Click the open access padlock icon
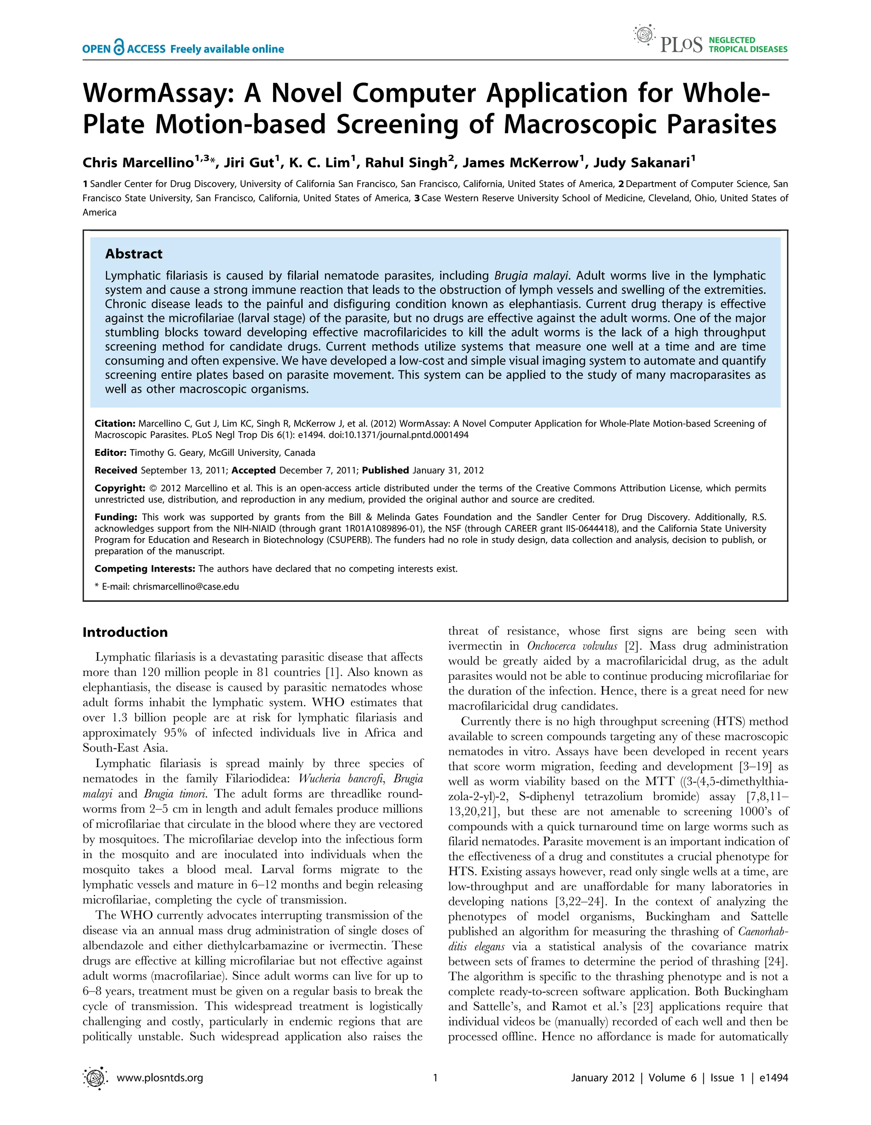pos(119,48)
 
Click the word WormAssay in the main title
pos(158,93)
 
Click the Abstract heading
pos(134,254)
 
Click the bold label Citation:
pos(115,424)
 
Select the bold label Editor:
pos(110,453)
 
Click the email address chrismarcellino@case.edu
pos(185,586)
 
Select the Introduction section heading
pos(125,632)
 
